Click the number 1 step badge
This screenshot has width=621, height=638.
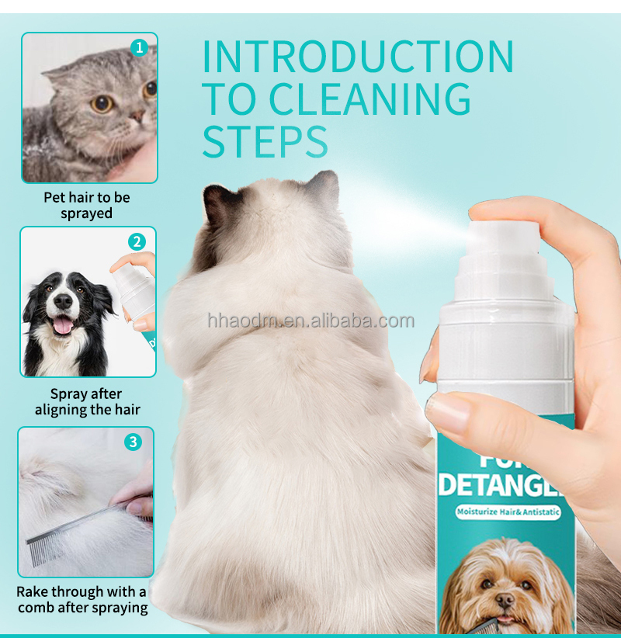(139, 47)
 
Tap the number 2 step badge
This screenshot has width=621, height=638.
(137, 241)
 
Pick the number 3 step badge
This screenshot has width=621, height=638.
(134, 442)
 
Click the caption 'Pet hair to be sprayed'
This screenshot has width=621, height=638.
(86, 206)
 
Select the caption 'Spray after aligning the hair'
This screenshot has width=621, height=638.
(87, 401)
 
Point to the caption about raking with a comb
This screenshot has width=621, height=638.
(82, 600)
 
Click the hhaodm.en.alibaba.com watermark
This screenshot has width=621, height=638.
(310, 321)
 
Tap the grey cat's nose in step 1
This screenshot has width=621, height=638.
(137, 117)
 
